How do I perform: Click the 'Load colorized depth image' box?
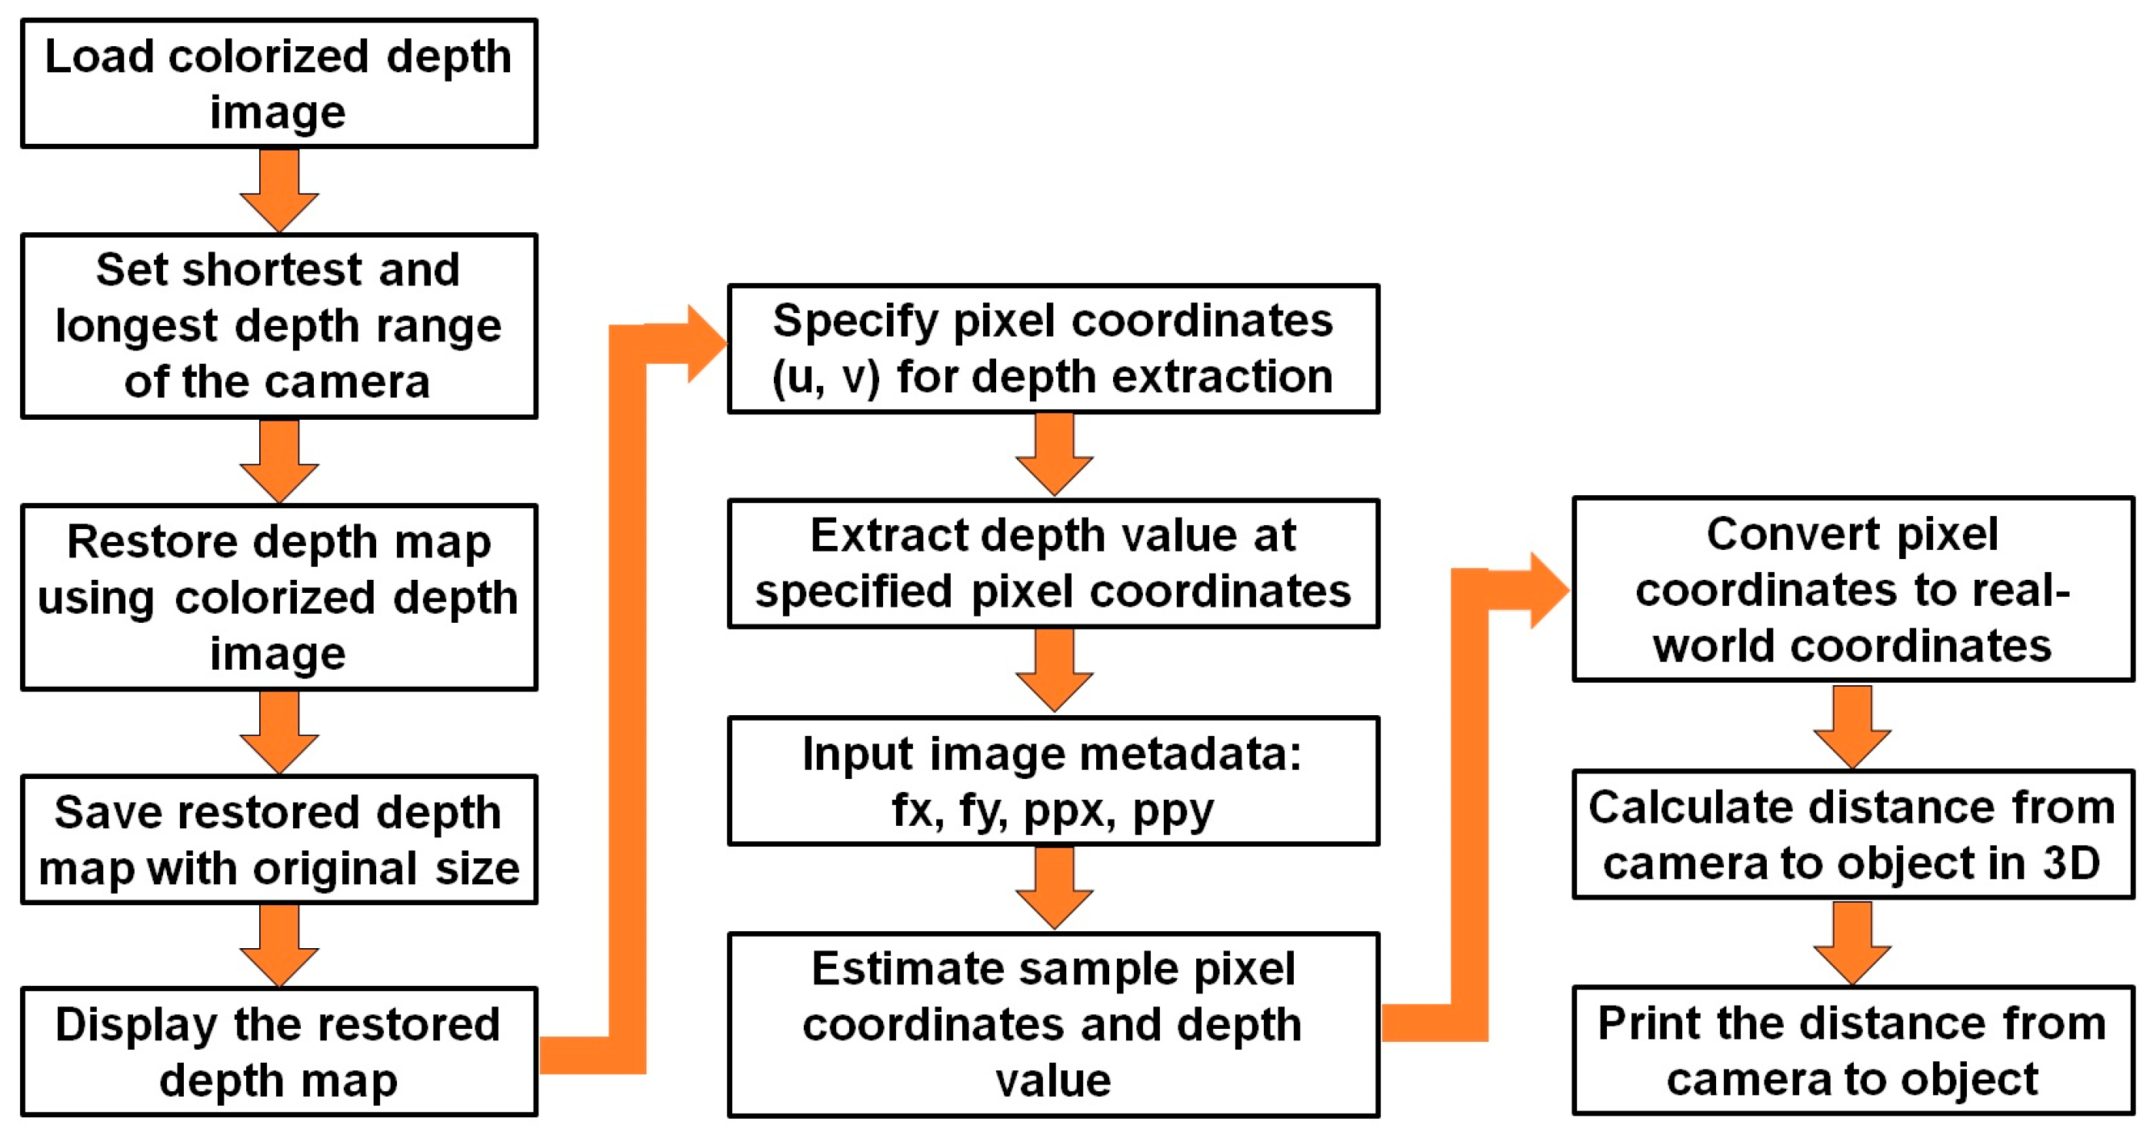pyautogui.click(x=278, y=84)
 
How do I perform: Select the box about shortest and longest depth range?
pyautogui.click(x=278, y=325)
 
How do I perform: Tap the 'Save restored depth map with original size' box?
pyautogui.click(x=278, y=839)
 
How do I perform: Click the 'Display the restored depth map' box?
pyautogui.click(x=278, y=1050)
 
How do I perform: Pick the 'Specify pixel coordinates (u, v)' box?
pyautogui.click(x=1053, y=348)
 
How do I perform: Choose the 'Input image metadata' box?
pyautogui.click(x=1053, y=781)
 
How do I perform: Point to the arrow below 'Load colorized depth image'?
pyautogui.click(x=279, y=191)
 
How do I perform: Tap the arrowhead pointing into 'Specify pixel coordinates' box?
pyautogui.click(x=706, y=344)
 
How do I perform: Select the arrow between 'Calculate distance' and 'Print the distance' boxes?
pyautogui.click(x=1852, y=943)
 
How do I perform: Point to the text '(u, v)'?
pyautogui.click(x=826, y=377)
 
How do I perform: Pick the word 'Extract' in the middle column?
pyautogui.click(x=888, y=535)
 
